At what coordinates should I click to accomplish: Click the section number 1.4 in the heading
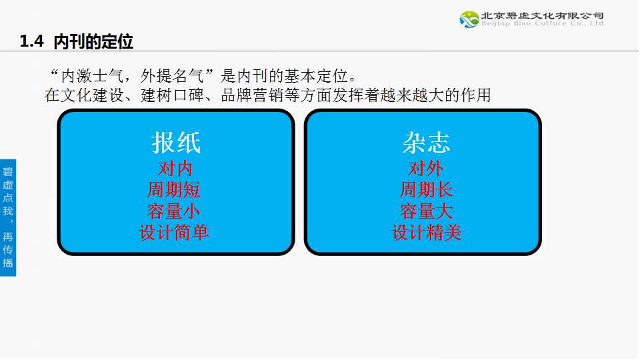pyautogui.click(x=31, y=41)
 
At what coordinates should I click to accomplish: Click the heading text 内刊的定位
pyautogui.click(x=93, y=41)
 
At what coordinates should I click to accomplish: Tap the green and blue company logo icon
pyautogui.click(x=469, y=19)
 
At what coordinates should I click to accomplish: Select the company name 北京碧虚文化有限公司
pyautogui.click(x=543, y=15)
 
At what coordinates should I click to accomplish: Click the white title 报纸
pyautogui.click(x=176, y=143)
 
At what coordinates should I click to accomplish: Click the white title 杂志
pyautogui.click(x=426, y=143)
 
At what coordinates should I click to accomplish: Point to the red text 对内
pyautogui.click(x=175, y=168)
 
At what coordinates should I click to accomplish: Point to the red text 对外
pyautogui.click(x=426, y=168)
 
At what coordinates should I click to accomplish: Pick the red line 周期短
pyautogui.click(x=174, y=190)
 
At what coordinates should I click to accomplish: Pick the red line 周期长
pyautogui.click(x=426, y=190)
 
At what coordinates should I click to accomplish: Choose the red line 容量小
pyautogui.click(x=174, y=211)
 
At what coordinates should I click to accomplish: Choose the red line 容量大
pyautogui.click(x=426, y=211)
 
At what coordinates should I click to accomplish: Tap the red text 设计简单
pyautogui.click(x=174, y=233)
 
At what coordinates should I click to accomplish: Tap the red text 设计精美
pyautogui.click(x=427, y=233)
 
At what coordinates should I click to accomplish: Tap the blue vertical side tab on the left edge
pyautogui.click(x=8, y=217)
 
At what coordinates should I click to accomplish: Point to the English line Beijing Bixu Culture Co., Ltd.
pyautogui.click(x=543, y=24)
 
